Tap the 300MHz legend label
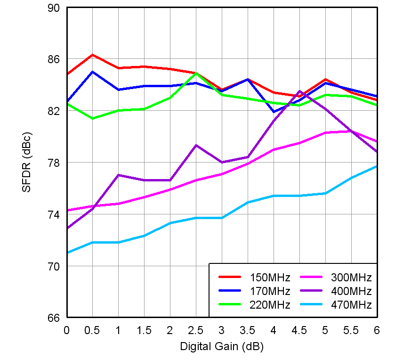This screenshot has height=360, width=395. [351, 277]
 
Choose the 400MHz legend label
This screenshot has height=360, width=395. [351, 291]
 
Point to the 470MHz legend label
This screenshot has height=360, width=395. [351, 304]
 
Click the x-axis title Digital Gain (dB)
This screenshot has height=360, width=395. [222, 347]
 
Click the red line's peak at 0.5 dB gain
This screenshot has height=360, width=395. [92, 55]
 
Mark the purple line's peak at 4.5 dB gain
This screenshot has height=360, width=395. [299, 91]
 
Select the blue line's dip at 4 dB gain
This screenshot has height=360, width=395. [274, 112]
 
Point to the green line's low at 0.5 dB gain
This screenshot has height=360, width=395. [92, 118]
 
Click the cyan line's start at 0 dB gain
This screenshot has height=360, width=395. [67, 253]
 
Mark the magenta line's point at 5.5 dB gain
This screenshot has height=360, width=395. [351, 131]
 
